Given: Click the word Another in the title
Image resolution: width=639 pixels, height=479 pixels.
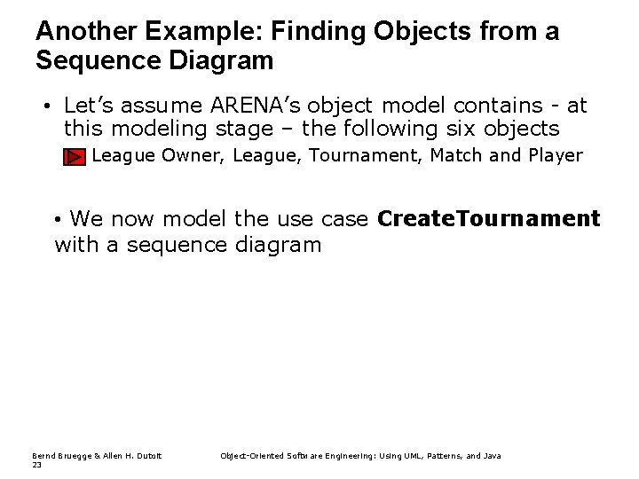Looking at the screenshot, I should [x=83, y=32].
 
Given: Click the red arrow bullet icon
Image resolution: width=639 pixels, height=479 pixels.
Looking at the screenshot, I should [x=74, y=158].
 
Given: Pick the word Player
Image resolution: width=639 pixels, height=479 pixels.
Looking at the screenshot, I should [x=555, y=156].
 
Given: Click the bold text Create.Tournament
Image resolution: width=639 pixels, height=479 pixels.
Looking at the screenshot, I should [x=488, y=218].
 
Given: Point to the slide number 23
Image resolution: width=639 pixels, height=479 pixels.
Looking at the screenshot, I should [x=36, y=464].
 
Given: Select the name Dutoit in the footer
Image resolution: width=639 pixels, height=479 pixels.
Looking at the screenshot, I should [x=148, y=456].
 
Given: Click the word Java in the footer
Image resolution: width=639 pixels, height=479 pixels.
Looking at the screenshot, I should [x=492, y=456].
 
